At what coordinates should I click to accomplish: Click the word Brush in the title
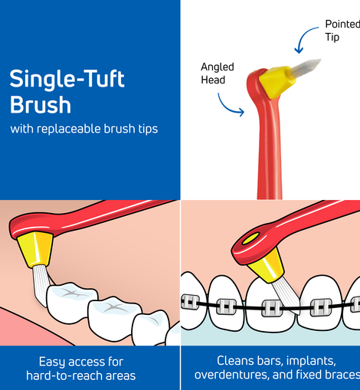click(41, 105)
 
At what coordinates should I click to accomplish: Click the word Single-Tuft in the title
click(67, 80)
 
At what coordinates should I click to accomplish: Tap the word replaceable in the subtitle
click(70, 129)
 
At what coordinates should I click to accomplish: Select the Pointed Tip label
click(342, 31)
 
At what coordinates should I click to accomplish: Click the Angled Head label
click(218, 74)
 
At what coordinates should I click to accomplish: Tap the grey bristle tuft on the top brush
click(306, 67)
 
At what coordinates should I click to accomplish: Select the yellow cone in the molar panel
click(35, 249)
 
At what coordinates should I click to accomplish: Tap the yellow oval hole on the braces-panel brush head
click(250, 239)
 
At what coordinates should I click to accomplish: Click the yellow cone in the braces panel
click(267, 266)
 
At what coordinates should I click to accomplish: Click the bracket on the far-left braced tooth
click(190, 302)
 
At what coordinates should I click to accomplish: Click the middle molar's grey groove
click(113, 308)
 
